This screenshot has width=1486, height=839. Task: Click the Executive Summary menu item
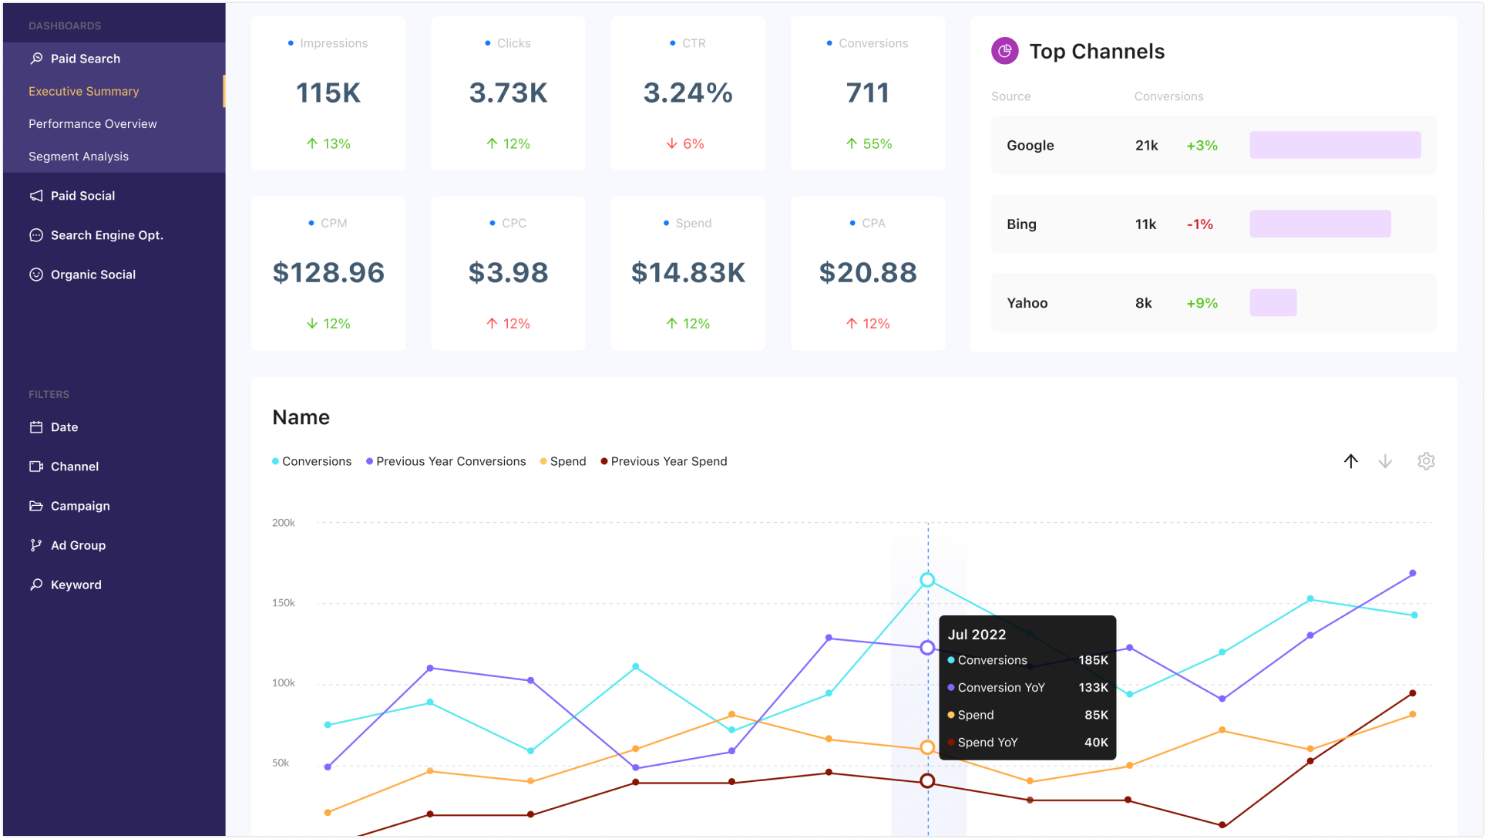point(83,91)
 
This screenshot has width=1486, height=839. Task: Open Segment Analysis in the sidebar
point(79,157)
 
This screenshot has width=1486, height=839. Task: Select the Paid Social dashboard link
point(82,196)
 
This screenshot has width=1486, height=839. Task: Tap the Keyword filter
point(76,585)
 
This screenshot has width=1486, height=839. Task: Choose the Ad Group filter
point(78,545)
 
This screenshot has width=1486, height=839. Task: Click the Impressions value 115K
point(328,93)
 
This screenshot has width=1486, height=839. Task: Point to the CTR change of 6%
point(685,143)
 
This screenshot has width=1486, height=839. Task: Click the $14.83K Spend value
point(688,273)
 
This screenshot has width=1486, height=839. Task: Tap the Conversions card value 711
point(867,93)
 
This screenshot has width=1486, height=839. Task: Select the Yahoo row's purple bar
point(1273,303)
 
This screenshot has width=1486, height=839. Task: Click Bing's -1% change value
point(1199,224)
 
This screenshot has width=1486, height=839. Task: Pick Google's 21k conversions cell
point(1146,146)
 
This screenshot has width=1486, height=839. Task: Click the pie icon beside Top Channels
point(1004,52)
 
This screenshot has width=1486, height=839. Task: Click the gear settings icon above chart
point(1426,461)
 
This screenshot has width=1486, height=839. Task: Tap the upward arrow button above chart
point(1350,461)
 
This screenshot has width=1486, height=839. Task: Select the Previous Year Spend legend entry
point(667,461)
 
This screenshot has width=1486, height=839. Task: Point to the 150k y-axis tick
point(283,603)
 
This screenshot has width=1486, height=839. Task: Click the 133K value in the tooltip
point(1092,688)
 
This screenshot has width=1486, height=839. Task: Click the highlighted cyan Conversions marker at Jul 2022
point(927,580)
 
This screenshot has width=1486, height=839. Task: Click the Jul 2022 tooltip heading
point(977,635)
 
